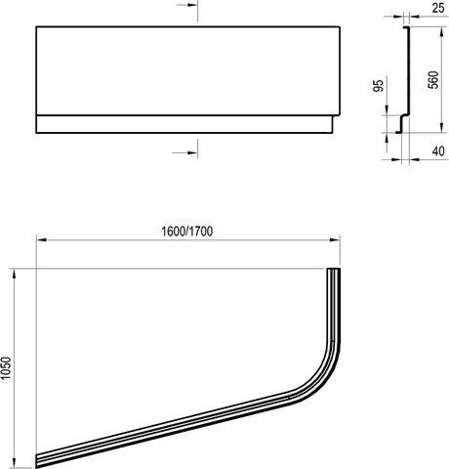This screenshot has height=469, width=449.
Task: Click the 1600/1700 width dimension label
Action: point(187,232)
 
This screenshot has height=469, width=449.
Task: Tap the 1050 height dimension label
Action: point(6,368)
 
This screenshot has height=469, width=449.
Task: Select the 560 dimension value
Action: point(433,80)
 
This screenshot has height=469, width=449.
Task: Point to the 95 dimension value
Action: point(378,85)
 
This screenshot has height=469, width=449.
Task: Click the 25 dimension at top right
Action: point(438,8)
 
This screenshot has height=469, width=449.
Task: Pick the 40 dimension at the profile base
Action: point(438,151)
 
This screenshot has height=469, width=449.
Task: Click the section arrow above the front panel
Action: point(187,6)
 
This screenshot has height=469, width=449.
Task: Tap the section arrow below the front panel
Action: point(184,152)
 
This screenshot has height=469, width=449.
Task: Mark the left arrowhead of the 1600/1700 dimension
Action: point(41,240)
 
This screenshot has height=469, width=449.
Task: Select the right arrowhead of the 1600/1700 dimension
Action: point(335,240)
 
